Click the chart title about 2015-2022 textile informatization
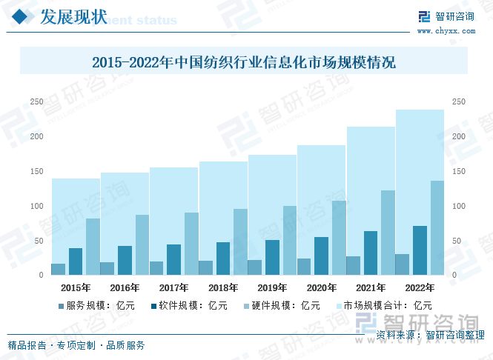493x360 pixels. [x=244, y=63]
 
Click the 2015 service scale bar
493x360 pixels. [x=58, y=269]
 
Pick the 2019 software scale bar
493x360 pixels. [x=272, y=257]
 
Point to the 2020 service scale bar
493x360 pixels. [x=304, y=267]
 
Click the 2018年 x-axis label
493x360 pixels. [x=222, y=287]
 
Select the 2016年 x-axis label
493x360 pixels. [x=125, y=287]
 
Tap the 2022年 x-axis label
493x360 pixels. [x=420, y=287]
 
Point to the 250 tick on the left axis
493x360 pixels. [x=36, y=101]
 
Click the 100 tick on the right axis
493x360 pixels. [x=459, y=206]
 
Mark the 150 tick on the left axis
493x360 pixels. [x=36, y=171]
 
